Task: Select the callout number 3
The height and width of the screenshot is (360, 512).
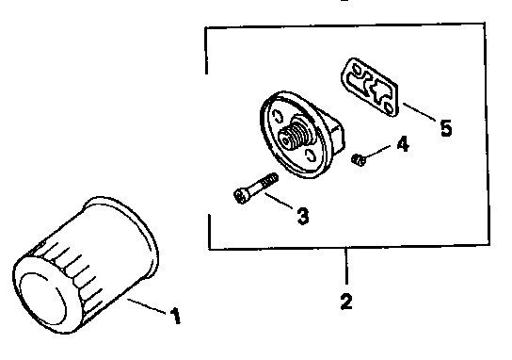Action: [x=303, y=217]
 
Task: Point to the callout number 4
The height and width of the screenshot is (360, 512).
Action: [x=402, y=145]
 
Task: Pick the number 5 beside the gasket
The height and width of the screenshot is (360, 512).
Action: [x=446, y=126]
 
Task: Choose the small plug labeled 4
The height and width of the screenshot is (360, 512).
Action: [x=358, y=161]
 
